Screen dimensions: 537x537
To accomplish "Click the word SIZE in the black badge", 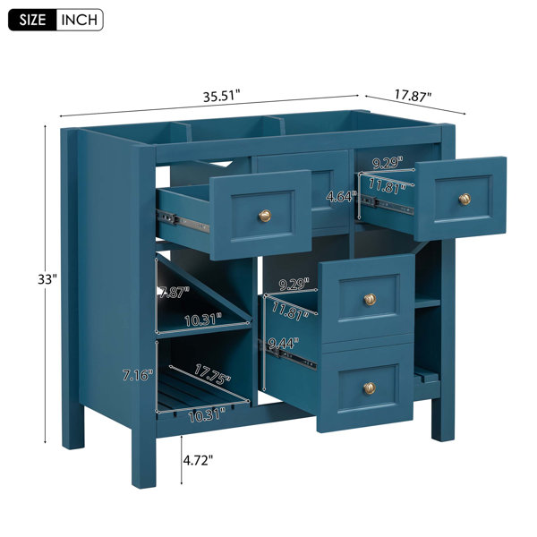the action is coord(32,20).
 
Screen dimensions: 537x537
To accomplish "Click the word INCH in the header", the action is coord(79,20).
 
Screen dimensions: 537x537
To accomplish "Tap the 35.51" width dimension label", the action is coord(222,96).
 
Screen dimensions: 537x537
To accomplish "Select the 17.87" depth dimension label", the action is coord(413,95).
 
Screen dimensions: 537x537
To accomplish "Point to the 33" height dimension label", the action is coord(47,279).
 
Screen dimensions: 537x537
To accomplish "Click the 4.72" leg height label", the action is coord(198,460).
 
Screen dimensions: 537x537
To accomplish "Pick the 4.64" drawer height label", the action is coord(341,196).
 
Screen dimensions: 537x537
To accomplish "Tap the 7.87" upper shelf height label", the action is coord(174,293).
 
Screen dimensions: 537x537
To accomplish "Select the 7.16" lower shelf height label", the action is coord(137,375).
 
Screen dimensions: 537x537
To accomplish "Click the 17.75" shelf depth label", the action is coord(212,373).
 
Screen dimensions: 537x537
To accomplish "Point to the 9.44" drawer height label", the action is coord(284,343).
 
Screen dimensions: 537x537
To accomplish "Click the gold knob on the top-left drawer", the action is coord(264,216).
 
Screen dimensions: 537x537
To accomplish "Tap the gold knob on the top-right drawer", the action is coord(465,199).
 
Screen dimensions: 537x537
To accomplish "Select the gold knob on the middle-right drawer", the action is coord(370,299).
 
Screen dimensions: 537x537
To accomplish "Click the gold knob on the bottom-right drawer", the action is coord(369,388).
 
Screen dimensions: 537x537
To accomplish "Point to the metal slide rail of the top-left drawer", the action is coord(183,222).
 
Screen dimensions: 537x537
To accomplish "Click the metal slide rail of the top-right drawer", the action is coord(387,204).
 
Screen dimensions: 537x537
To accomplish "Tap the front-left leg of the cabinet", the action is coord(143,459).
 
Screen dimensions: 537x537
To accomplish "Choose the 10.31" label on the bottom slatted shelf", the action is coord(207,415).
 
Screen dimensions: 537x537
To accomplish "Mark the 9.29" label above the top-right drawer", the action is coord(388,163).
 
